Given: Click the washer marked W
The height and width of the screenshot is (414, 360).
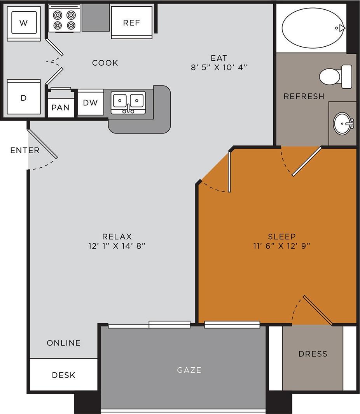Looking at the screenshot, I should pyautogui.click(x=24, y=23).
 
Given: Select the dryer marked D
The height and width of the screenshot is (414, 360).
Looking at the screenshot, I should pyautogui.click(x=24, y=98).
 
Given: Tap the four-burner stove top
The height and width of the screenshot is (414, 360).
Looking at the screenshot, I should pyautogui.click(x=65, y=20).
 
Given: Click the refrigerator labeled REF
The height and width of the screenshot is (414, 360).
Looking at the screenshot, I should pyautogui.click(x=131, y=23).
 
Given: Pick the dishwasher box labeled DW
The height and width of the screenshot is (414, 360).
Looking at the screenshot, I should pyautogui.click(x=91, y=103).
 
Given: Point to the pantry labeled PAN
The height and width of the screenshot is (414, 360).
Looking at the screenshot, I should pyautogui.click(x=61, y=107).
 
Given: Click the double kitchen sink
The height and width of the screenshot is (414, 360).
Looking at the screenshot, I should pyautogui.click(x=128, y=102).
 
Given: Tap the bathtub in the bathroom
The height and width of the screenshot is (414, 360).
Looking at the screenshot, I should pyautogui.click(x=313, y=28).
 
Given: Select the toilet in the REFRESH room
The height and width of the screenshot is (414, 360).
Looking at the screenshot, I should pyautogui.click(x=335, y=76).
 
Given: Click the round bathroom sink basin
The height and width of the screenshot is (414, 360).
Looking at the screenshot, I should pyautogui.click(x=343, y=123).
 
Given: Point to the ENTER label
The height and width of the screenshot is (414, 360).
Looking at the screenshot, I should pyautogui.click(x=25, y=150).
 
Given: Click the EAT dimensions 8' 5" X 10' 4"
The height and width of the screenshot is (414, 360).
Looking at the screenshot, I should pyautogui.click(x=219, y=67).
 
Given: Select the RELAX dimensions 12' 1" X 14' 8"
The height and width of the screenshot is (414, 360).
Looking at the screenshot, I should pyautogui.click(x=117, y=246).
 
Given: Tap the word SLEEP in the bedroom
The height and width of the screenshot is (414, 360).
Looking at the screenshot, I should pyautogui.click(x=282, y=237).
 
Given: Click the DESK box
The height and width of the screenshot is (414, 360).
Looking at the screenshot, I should pyautogui.click(x=64, y=375).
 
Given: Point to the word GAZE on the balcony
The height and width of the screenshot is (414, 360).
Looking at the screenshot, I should pyautogui.click(x=189, y=370).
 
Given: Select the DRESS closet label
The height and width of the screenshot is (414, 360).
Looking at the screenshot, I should pyautogui.click(x=313, y=354).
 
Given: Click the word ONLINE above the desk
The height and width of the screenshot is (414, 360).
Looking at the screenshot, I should pyautogui.click(x=64, y=343).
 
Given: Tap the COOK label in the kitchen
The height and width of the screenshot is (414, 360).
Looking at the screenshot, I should pyautogui.click(x=105, y=63).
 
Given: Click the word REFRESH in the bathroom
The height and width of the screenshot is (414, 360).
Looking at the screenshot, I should pyautogui.click(x=304, y=96).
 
